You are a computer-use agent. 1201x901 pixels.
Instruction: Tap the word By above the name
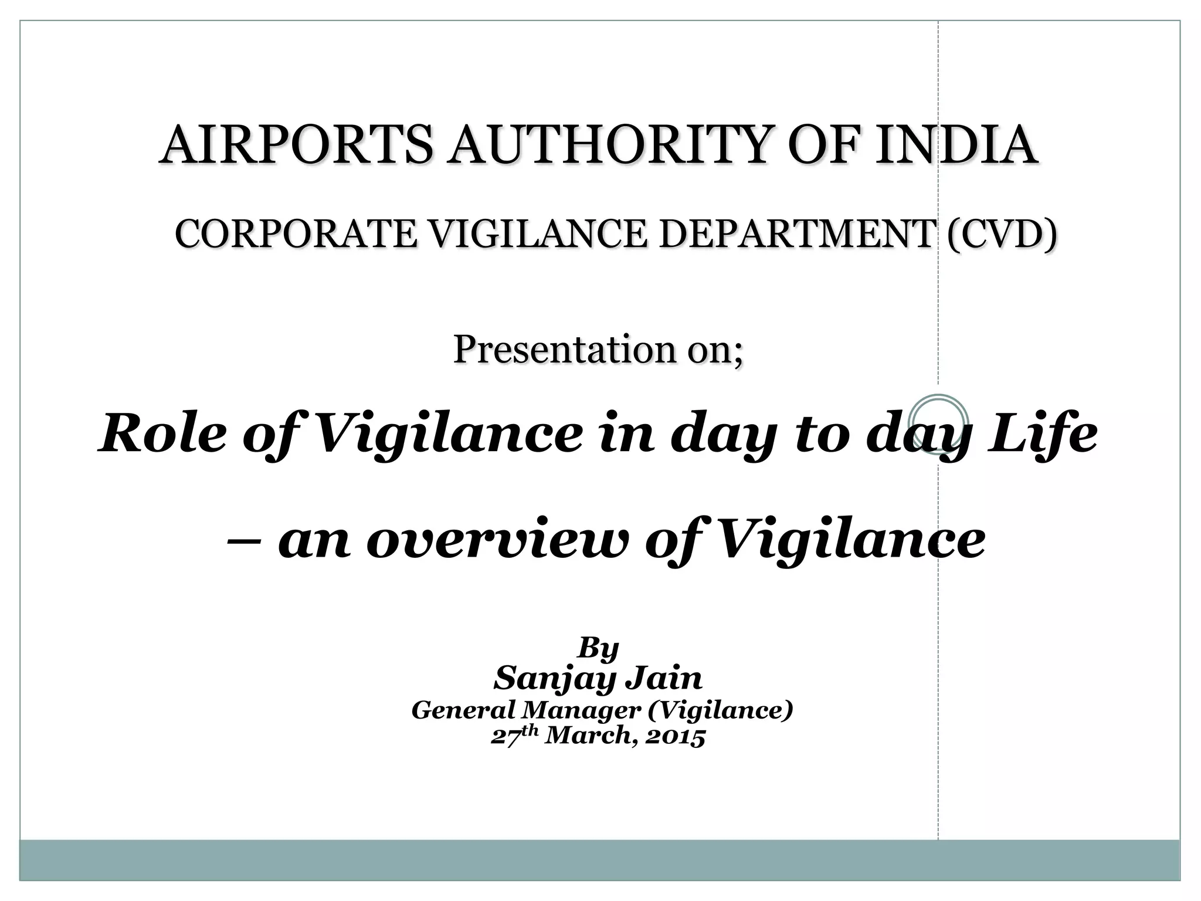(x=598, y=649)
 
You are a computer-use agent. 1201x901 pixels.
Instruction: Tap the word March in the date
(x=589, y=736)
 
